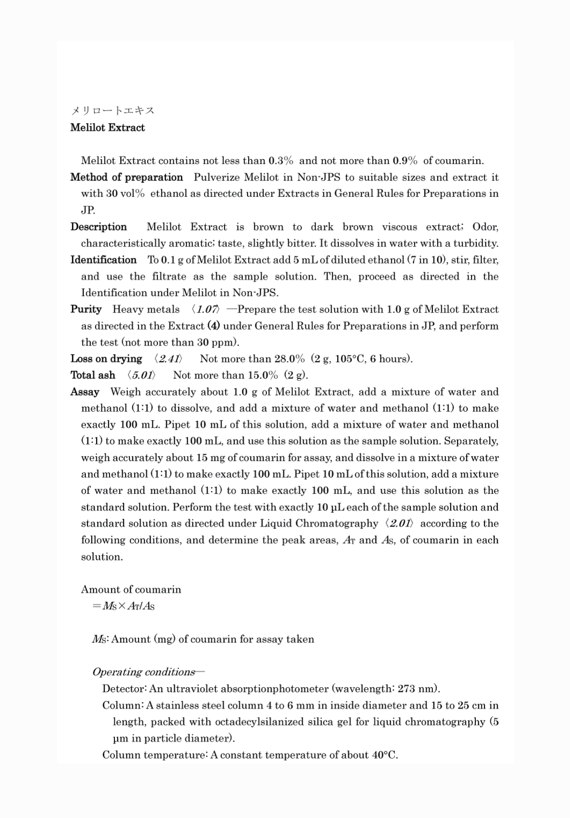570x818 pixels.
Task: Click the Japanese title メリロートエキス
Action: pos(112,111)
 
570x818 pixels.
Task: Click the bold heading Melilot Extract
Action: pos(107,127)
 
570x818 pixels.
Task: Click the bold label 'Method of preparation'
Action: pos(126,177)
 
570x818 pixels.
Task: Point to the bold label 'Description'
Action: pos(98,227)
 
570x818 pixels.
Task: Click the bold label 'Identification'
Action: pos(103,260)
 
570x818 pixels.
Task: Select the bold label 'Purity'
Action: pos(86,309)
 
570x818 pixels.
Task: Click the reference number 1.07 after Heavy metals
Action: pos(207,309)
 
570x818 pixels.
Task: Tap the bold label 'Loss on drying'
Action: pos(106,359)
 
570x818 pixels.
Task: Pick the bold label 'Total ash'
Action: pos(93,375)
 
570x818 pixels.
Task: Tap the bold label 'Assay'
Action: pos(85,392)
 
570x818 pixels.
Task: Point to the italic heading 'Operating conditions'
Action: pos(144,672)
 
